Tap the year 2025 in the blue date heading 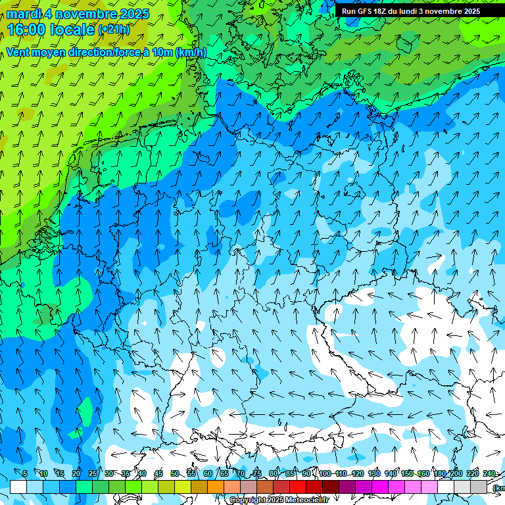[133, 14]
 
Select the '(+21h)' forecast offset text [114, 30]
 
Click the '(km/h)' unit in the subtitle [191, 53]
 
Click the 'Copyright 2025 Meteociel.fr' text [279, 500]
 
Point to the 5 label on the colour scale [25, 473]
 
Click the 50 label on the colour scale [174, 473]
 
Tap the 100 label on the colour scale [324, 473]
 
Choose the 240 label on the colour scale [489, 473]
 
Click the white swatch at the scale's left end [18, 487]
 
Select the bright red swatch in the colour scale [298, 487]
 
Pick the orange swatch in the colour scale [216, 487]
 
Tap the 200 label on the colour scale [456, 473]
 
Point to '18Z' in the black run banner [383, 11]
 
